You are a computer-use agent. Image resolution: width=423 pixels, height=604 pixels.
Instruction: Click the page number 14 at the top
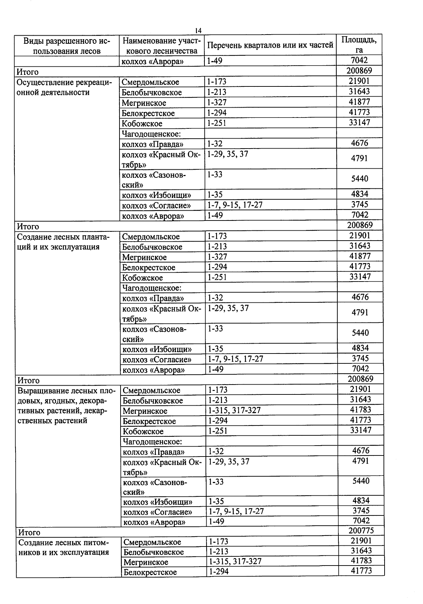click(198, 30)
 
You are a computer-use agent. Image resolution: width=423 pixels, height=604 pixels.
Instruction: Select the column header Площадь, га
click(359, 45)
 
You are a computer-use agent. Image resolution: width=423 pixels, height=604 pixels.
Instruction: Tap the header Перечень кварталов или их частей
click(270, 45)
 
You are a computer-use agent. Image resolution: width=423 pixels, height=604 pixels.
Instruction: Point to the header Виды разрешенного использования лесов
click(67, 46)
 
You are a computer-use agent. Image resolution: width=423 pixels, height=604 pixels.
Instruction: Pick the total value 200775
click(361, 531)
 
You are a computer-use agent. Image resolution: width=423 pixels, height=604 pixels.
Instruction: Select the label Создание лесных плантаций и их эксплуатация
click(64, 242)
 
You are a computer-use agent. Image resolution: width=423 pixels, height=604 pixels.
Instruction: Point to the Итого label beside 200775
click(29, 532)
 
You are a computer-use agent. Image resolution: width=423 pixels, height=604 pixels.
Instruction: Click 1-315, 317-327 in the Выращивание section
click(234, 410)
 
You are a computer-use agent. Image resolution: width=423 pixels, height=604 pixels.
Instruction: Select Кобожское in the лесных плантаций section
click(142, 278)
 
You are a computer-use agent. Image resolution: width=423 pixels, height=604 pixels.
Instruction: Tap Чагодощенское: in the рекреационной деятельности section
click(151, 134)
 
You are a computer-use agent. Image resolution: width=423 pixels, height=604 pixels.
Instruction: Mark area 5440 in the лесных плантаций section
click(360, 333)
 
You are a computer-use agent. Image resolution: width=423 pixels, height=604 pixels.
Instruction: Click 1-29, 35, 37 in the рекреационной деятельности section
click(227, 154)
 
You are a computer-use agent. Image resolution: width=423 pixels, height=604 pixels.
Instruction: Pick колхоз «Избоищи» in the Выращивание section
click(158, 502)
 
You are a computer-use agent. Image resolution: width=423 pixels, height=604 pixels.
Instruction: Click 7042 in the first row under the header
click(360, 60)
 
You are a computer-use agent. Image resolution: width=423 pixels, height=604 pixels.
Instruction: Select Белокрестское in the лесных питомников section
click(150, 572)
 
